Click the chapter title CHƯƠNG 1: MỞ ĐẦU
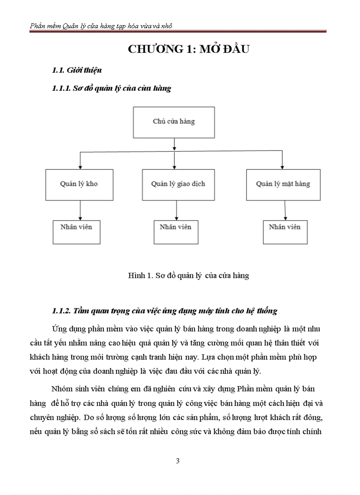188,49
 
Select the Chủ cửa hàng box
174,122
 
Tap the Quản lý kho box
79,184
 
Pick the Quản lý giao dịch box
178,184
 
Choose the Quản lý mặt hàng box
283,184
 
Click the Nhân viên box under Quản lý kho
76,231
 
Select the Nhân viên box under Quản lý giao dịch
176,231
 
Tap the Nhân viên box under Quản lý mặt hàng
285,232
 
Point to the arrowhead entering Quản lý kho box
79,167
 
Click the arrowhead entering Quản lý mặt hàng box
282,167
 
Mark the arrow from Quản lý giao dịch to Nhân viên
176,210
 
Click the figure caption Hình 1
188,276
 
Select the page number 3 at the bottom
178,461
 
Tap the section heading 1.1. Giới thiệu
77,70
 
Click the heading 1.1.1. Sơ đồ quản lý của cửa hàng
111,88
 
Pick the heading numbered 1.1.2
164,311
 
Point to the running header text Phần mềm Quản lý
101,26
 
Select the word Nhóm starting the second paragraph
61,389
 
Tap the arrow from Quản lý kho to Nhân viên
79,210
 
